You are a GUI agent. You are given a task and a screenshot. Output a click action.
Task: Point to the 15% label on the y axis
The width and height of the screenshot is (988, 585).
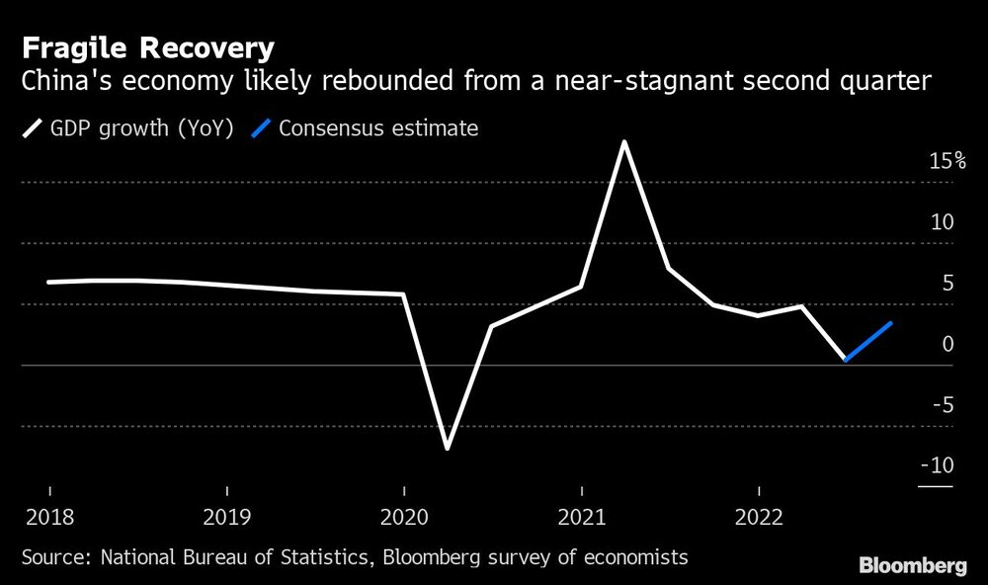[x=947, y=161]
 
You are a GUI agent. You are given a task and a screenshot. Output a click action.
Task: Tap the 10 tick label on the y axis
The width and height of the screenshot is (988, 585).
[x=943, y=222]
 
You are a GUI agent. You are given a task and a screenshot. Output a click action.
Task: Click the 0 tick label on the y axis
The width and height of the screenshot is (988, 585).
[x=947, y=344]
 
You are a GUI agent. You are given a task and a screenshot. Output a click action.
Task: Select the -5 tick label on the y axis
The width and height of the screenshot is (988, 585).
[x=943, y=405]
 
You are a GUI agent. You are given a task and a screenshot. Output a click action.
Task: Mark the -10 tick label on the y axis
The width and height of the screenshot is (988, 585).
[x=938, y=465]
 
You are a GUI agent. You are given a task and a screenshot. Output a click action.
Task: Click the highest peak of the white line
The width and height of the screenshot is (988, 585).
[x=624, y=141]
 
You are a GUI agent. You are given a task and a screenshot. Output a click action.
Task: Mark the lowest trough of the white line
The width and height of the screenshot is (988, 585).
[x=448, y=449]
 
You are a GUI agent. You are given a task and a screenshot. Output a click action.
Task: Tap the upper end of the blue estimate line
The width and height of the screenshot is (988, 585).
[x=892, y=323]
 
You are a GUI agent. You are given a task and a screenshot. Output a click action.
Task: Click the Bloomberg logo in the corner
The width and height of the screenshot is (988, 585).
[x=913, y=566]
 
